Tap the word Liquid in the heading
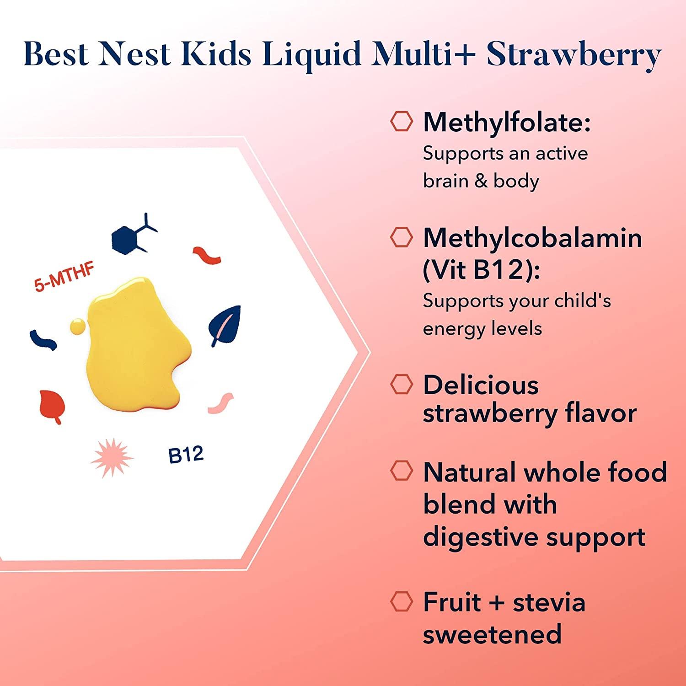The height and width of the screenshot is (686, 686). [x=312, y=54]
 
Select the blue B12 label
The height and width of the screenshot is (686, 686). [x=186, y=455]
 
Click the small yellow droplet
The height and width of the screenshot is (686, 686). [x=77, y=326]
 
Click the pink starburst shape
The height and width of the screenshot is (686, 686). [x=111, y=458]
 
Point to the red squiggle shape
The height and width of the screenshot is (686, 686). [x=207, y=256]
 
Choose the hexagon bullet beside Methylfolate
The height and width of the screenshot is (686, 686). [x=401, y=122]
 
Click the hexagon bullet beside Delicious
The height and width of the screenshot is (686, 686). [x=401, y=385]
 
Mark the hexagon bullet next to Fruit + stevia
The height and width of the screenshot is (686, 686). [x=401, y=601]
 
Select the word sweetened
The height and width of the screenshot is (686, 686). [x=492, y=634]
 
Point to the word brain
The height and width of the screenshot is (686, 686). [x=445, y=181]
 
